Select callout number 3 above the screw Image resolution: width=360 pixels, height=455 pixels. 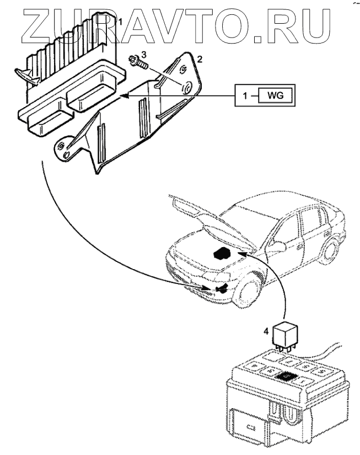143,54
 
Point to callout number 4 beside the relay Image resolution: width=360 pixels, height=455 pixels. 266,331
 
